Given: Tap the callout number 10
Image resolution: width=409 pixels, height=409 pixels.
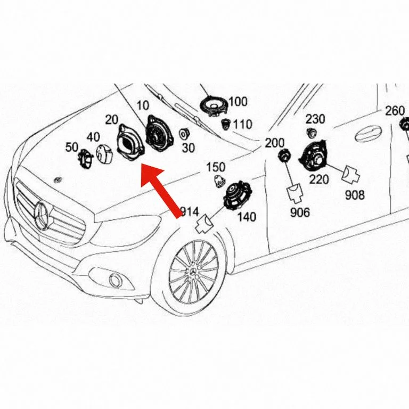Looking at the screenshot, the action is click(x=143, y=105).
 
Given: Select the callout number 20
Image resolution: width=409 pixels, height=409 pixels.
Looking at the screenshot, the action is click(x=112, y=120).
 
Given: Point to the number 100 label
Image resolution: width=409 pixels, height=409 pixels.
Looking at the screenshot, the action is click(x=238, y=102).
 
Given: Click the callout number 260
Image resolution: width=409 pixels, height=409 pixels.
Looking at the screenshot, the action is click(x=395, y=111).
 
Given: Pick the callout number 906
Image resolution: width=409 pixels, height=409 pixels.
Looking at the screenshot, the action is click(x=300, y=212).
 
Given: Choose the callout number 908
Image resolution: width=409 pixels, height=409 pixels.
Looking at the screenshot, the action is click(x=355, y=195).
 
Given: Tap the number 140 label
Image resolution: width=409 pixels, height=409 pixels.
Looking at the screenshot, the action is click(x=247, y=217).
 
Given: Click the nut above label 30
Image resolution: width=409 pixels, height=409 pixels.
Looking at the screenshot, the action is click(x=184, y=134).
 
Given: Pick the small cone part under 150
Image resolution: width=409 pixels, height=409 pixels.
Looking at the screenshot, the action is click(x=219, y=181).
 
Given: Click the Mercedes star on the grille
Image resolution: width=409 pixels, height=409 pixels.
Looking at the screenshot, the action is click(x=42, y=216).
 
